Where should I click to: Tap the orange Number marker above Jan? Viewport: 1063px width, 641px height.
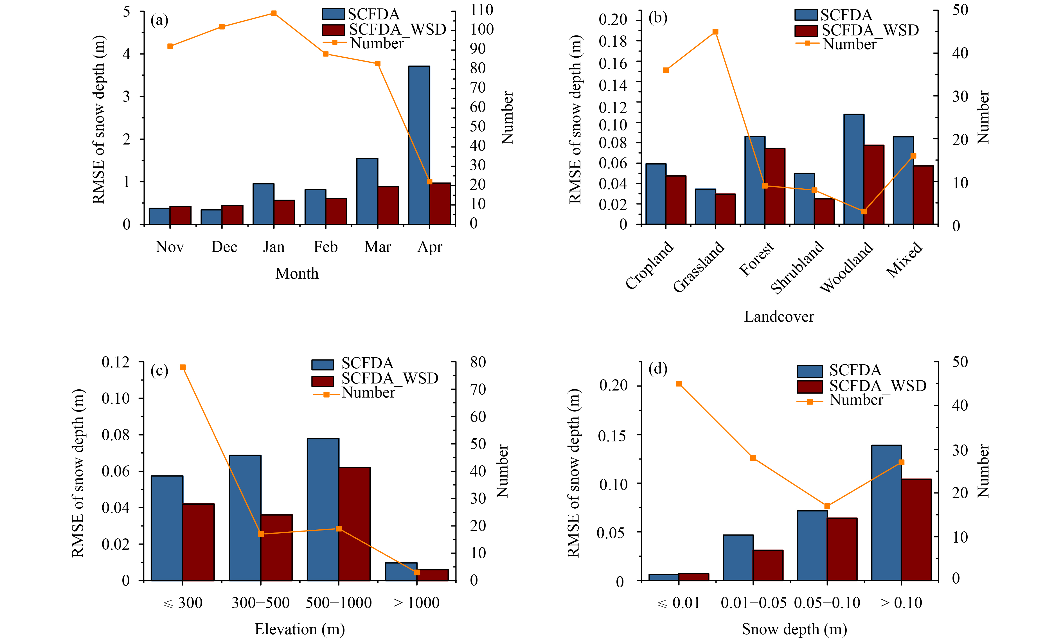pos(274,13)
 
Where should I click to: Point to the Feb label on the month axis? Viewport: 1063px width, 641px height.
pos(325,247)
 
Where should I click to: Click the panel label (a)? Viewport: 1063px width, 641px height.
pos(159,20)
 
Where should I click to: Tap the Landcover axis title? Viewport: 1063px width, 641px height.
pos(779,317)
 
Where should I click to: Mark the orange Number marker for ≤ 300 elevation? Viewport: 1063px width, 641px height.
pos(183,367)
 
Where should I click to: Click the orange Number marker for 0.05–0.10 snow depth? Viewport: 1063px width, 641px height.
pos(827,506)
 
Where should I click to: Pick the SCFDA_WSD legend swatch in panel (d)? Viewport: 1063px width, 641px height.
pos(809,387)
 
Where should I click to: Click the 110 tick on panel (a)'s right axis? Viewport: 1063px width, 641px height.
pos(481,10)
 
